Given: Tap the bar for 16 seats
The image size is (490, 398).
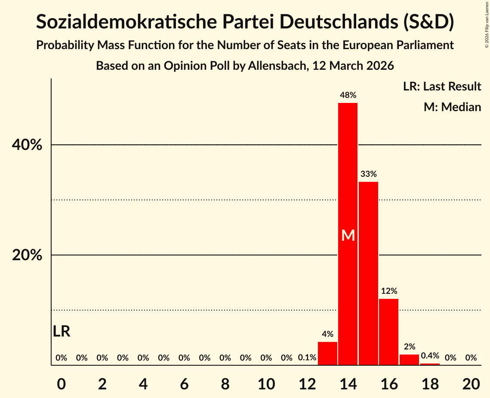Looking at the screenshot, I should pyautogui.click(x=388, y=332).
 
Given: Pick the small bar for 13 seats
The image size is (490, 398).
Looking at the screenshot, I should pyautogui.click(x=327, y=353).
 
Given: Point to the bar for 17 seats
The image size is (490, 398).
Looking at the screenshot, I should pyautogui.click(x=409, y=360).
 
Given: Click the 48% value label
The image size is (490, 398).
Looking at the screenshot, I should pyautogui.click(x=348, y=95).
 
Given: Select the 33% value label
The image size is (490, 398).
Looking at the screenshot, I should pyautogui.click(x=368, y=174).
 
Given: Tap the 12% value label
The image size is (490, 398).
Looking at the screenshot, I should pyautogui.click(x=388, y=291).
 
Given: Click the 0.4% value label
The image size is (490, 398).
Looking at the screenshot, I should pyautogui.click(x=430, y=356).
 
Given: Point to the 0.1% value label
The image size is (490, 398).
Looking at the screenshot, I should pyautogui.click(x=307, y=358).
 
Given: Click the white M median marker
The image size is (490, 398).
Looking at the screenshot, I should pyautogui.click(x=348, y=236).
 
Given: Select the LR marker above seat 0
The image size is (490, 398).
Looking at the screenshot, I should pyautogui.click(x=62, y=331).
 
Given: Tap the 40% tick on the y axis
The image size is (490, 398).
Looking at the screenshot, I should pyautogui.click(x=27, y=145).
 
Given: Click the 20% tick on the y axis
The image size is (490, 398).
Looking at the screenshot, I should pyautogui.click(x=27, y=255).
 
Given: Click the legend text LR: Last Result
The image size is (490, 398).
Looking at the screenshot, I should pyautogui.click(x=442, y=86).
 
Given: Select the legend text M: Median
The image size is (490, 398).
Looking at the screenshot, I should pyautogui.click(x=452, y=107).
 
